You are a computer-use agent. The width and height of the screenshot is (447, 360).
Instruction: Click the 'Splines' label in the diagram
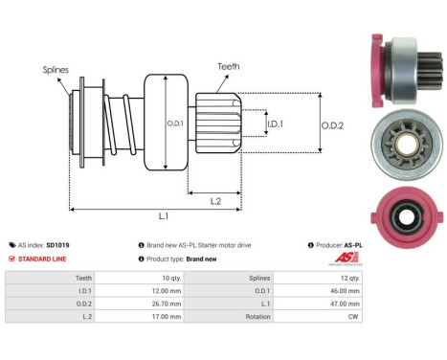pos(55,69)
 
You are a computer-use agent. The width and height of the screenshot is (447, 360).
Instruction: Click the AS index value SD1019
pos(58,245)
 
